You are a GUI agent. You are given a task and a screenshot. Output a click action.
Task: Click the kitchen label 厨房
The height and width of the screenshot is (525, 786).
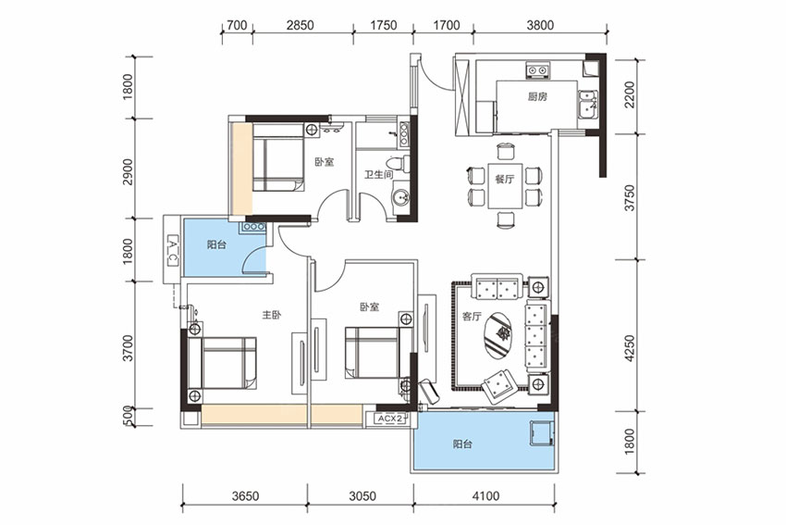tap(537, 96)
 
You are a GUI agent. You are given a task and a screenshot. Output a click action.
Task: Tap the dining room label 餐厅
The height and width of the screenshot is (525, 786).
tap(504, 180)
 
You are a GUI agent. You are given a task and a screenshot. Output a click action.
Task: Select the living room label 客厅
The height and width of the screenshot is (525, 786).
tap(472, 317)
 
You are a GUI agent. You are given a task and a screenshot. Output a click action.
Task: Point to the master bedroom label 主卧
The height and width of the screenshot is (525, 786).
tap(271, 315)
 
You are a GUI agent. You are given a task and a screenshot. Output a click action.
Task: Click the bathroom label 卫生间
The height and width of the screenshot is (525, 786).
tap(378, 174)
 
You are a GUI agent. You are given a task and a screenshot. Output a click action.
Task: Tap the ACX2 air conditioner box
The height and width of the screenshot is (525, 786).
tap(390, 419)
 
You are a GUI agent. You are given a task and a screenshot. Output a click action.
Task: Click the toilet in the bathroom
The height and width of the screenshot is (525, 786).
tap(399, 164)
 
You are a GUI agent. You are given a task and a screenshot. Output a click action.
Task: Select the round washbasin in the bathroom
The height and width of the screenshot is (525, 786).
tap(400, 198)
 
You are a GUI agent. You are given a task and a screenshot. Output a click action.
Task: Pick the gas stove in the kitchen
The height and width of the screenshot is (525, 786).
tap(537, 70)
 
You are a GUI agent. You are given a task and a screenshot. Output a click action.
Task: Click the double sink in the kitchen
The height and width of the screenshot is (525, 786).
tap(586, 105)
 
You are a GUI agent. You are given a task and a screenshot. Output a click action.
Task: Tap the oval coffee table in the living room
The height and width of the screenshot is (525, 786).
tap(502, 335)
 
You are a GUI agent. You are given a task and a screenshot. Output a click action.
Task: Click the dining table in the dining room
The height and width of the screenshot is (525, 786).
tap(505, 186)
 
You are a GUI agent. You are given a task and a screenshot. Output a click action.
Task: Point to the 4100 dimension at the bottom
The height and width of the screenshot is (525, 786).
tap(485, 496)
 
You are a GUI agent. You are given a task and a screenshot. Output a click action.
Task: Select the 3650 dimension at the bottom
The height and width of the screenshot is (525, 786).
tap(246, 496)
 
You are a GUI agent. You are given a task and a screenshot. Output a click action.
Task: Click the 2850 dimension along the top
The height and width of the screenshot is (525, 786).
tap(300, 25)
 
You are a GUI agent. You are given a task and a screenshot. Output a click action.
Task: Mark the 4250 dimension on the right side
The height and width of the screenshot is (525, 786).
tap(630, 348)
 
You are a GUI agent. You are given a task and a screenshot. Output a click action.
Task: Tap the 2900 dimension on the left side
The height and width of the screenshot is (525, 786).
tap(128, 171)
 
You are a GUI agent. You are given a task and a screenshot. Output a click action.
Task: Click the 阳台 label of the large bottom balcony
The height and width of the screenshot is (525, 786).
tap(462, 444)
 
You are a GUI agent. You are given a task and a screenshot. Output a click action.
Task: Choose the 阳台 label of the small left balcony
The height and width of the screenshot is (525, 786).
tap(216, 245)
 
